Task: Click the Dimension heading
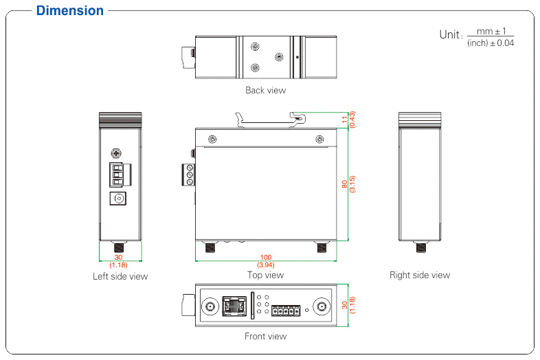coord(70,10)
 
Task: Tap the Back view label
coord(265,90)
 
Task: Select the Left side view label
coord(120,276)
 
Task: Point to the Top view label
coord(265,275)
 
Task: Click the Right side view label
coord(420,275)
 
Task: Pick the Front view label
coord(265,336)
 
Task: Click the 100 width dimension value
coord(265,257)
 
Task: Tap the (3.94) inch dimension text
coord(265,265)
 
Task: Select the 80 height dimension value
coord(344,184)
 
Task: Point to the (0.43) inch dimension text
coord(352,120)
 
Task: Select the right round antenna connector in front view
coord(320,306)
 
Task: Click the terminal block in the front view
coord(285,311)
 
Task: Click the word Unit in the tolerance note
coord(448,34)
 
